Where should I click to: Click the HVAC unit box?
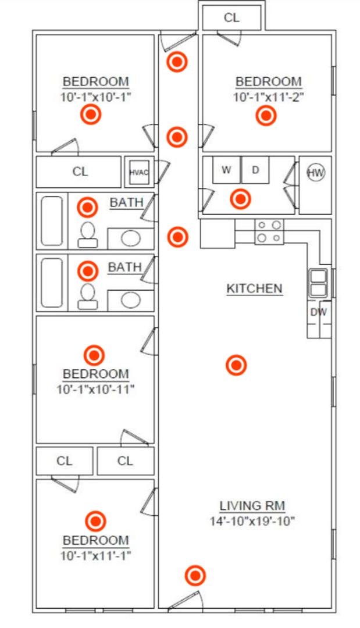[x=139, y=172]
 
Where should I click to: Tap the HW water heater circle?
[x=315, y=173]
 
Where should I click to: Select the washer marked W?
[x=227, y=170]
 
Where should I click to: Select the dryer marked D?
[x=255, y=170]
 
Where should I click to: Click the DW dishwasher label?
[x=318, y=312]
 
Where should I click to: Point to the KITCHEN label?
[x=254, y=288]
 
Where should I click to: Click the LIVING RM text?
[x=252, y=506]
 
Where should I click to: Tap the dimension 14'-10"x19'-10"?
[x=252, y=522]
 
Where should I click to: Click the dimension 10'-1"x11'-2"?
[x=269, y=97]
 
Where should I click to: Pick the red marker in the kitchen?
[x=236, y=365]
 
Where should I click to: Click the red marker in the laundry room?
[x=240, y=199]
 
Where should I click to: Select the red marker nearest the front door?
[x=195, y=576]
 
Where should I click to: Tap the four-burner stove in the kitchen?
[x=269, y=231]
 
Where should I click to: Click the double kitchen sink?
[x=318, y=283]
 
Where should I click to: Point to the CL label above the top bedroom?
[x=231, y=17]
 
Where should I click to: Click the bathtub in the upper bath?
[x=52, y=221]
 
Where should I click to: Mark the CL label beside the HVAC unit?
[x=80, y=172]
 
